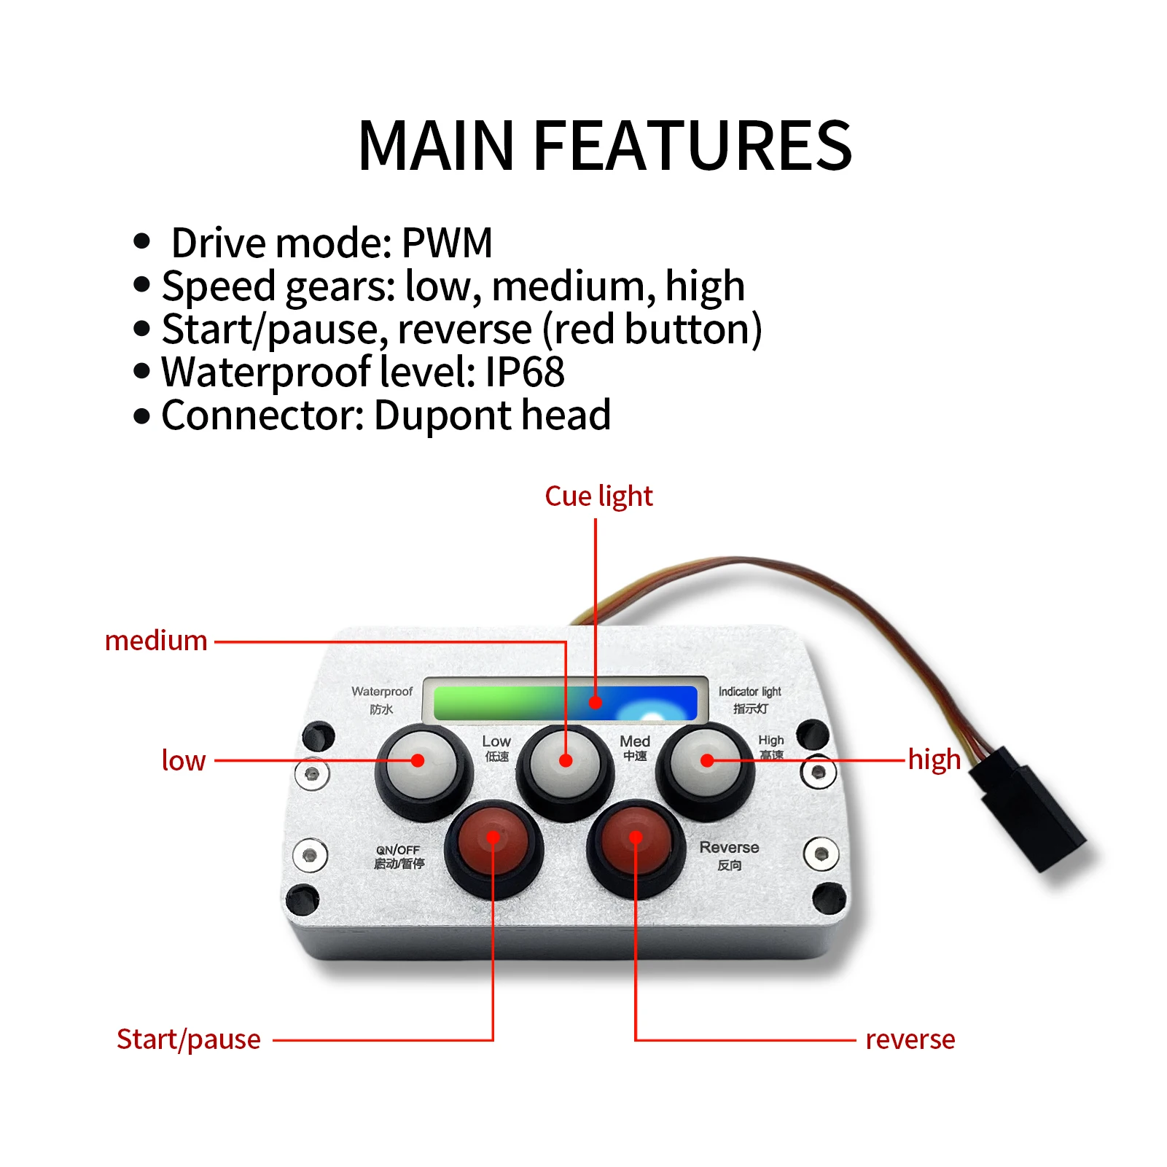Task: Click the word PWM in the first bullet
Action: (x=447, y=243)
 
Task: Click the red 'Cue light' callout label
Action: (x=598, y=496)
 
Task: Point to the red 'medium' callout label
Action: (x=156, y=641)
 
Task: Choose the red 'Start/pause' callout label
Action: (x=189, y=1039)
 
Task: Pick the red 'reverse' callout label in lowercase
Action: (x=910, y=1039)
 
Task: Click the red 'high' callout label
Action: (x=934, y=760)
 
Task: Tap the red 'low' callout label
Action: (x=184, y=760)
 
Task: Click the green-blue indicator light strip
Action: (x=565, y=702)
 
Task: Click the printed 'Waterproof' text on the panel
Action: (x=381, y=691)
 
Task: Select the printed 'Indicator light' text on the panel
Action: (x=749, y=691)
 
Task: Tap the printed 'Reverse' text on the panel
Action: (x=729, y=848)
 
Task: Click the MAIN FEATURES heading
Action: (x=604, y=146)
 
